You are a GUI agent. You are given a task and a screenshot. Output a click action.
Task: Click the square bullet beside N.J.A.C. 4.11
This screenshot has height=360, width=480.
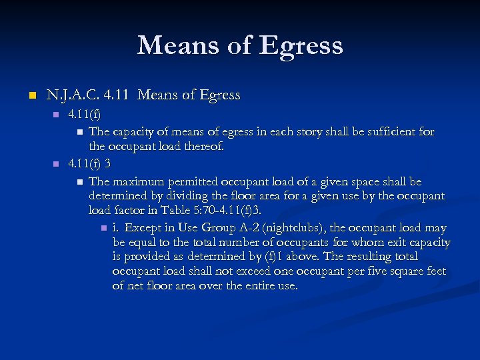(x=29, y=96)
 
